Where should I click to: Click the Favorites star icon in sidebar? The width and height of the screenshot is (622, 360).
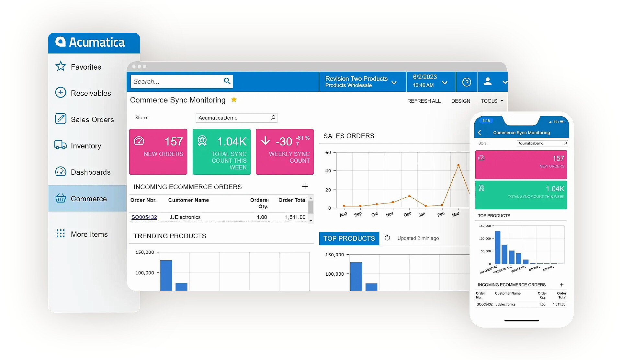click(x=61, y=66)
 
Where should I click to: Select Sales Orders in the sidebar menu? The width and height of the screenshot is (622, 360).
click(x=92, y=120)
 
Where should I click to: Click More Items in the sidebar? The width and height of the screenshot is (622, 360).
click(x=89, y=234)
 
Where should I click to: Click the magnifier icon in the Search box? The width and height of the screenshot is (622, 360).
click(x=227, y=81)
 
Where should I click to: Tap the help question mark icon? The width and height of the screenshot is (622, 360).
click(x=466, y=82)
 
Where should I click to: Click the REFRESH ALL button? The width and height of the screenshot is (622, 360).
click(x=424, y=101)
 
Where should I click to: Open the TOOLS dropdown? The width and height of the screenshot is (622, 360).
click(x=492, y=101)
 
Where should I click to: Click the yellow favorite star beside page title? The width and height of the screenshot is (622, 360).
click(x=234, y=100)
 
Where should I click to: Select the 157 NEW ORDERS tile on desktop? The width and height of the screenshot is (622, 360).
click(x=158, y=152)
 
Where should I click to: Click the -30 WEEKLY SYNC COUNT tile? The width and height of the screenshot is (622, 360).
click(x=285, y=152)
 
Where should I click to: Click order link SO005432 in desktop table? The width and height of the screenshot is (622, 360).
click(x=144, y=217)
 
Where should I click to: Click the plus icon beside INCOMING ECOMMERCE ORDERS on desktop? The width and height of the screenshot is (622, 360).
click(x=305, y=186)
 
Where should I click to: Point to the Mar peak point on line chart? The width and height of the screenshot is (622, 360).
click(x=458, y=165)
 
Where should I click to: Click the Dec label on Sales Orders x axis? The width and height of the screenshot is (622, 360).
click(x=407, y=214)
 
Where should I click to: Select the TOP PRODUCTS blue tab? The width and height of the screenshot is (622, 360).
click(x=349, y=238)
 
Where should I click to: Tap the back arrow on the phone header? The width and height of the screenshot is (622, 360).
click(x=480, y=133)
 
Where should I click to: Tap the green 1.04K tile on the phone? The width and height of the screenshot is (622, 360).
click(x=521, y=195)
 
